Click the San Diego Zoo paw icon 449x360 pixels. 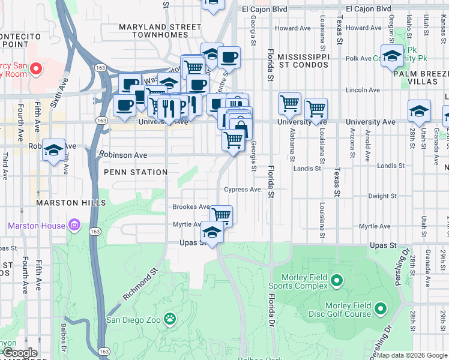(x=170, y=319)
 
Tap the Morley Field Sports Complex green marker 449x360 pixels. (x=336, y=280)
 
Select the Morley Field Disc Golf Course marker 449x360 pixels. (x=380, y=309)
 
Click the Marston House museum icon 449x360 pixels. (x=75, y=226)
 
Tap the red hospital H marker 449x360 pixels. (x=35, y=69)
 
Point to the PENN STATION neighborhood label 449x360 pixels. (x=136, y=172)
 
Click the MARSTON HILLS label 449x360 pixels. (x=71, y=203)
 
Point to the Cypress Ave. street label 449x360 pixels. (x=243, y=190)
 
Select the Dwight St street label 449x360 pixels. (x=379, y=196)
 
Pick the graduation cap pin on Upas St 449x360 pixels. (x=212, y=231)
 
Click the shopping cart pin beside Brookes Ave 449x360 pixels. (x=221, y=214)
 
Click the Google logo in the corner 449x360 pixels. (x=20, y=353)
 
